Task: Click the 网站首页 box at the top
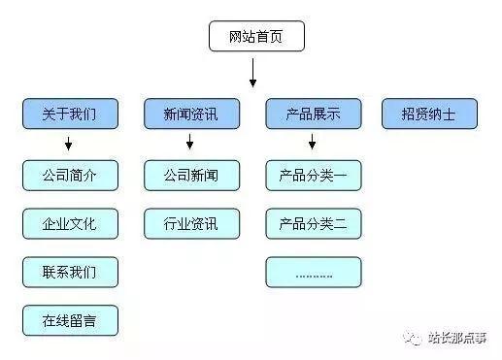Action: (257, 38)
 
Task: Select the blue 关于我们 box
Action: (70, 114)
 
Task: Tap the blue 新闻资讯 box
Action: (191, 114)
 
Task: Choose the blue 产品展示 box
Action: (313, 114)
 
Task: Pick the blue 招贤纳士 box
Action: (429, 114)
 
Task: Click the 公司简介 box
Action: (70, 176)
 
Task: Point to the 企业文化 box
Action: (70, 224)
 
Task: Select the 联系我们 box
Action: (70, 272)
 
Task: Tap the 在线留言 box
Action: (70, 320)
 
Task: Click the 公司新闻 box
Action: (191, 176)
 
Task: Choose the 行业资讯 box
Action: (191, 224)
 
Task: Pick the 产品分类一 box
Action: (313, 176)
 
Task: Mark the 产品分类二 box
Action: (313, 224)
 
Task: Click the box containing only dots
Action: (313, 272)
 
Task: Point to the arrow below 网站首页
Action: (252, 73)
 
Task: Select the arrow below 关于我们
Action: (69, 144)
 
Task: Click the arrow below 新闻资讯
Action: (190, 144)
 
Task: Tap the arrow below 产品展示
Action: (312, 144)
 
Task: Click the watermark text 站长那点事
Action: (460, 338)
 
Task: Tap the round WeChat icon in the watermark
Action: (415, 337)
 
